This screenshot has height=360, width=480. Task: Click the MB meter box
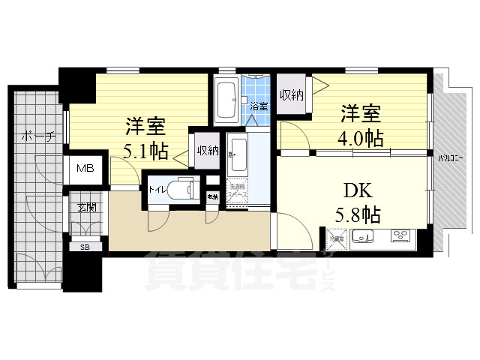click(x=85, y=168)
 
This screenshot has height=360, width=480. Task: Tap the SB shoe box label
click(x=85, y=246)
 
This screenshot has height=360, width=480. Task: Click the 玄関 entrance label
click(x=85, y=207)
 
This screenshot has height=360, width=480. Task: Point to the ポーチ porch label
click(x=37, y=137)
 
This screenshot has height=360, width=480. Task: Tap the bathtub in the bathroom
click(x=226, y=100)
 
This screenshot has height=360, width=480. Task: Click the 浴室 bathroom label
click(x=259, y=107)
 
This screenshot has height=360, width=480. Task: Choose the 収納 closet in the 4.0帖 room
click(x=292, y=95)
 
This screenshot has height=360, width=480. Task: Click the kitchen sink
click(x=364, y=238)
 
